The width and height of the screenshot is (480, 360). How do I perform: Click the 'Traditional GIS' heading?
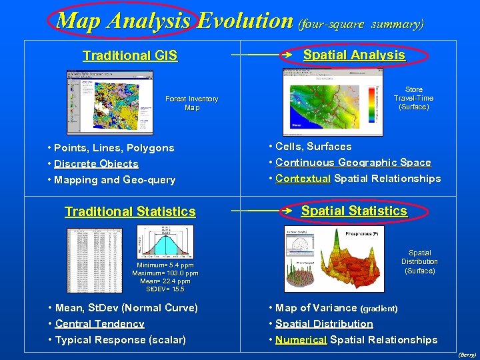[x=130, y=56]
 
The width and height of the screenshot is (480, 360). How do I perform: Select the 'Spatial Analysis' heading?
[x=354, y=55]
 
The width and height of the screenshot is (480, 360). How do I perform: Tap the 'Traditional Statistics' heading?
[x=130, y=212]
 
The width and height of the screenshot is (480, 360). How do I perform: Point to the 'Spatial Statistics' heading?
[x=354, y=211]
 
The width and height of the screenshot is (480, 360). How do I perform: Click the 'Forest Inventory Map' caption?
[x=192, y=103]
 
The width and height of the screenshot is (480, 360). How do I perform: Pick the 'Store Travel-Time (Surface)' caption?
[x=413, y=98]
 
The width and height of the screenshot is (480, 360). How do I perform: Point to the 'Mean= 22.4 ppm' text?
[x=165, y=281]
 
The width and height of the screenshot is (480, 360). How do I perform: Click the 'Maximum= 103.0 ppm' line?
[x=165, y=273]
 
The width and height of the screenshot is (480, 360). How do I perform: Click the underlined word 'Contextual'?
[x=303, y=179]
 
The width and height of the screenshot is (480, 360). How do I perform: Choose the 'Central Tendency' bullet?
[x=99, y=324]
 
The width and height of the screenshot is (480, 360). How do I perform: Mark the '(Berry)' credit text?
[x=467, y=355]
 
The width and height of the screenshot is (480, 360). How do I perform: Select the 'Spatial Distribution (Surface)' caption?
[x=419, y=262]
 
